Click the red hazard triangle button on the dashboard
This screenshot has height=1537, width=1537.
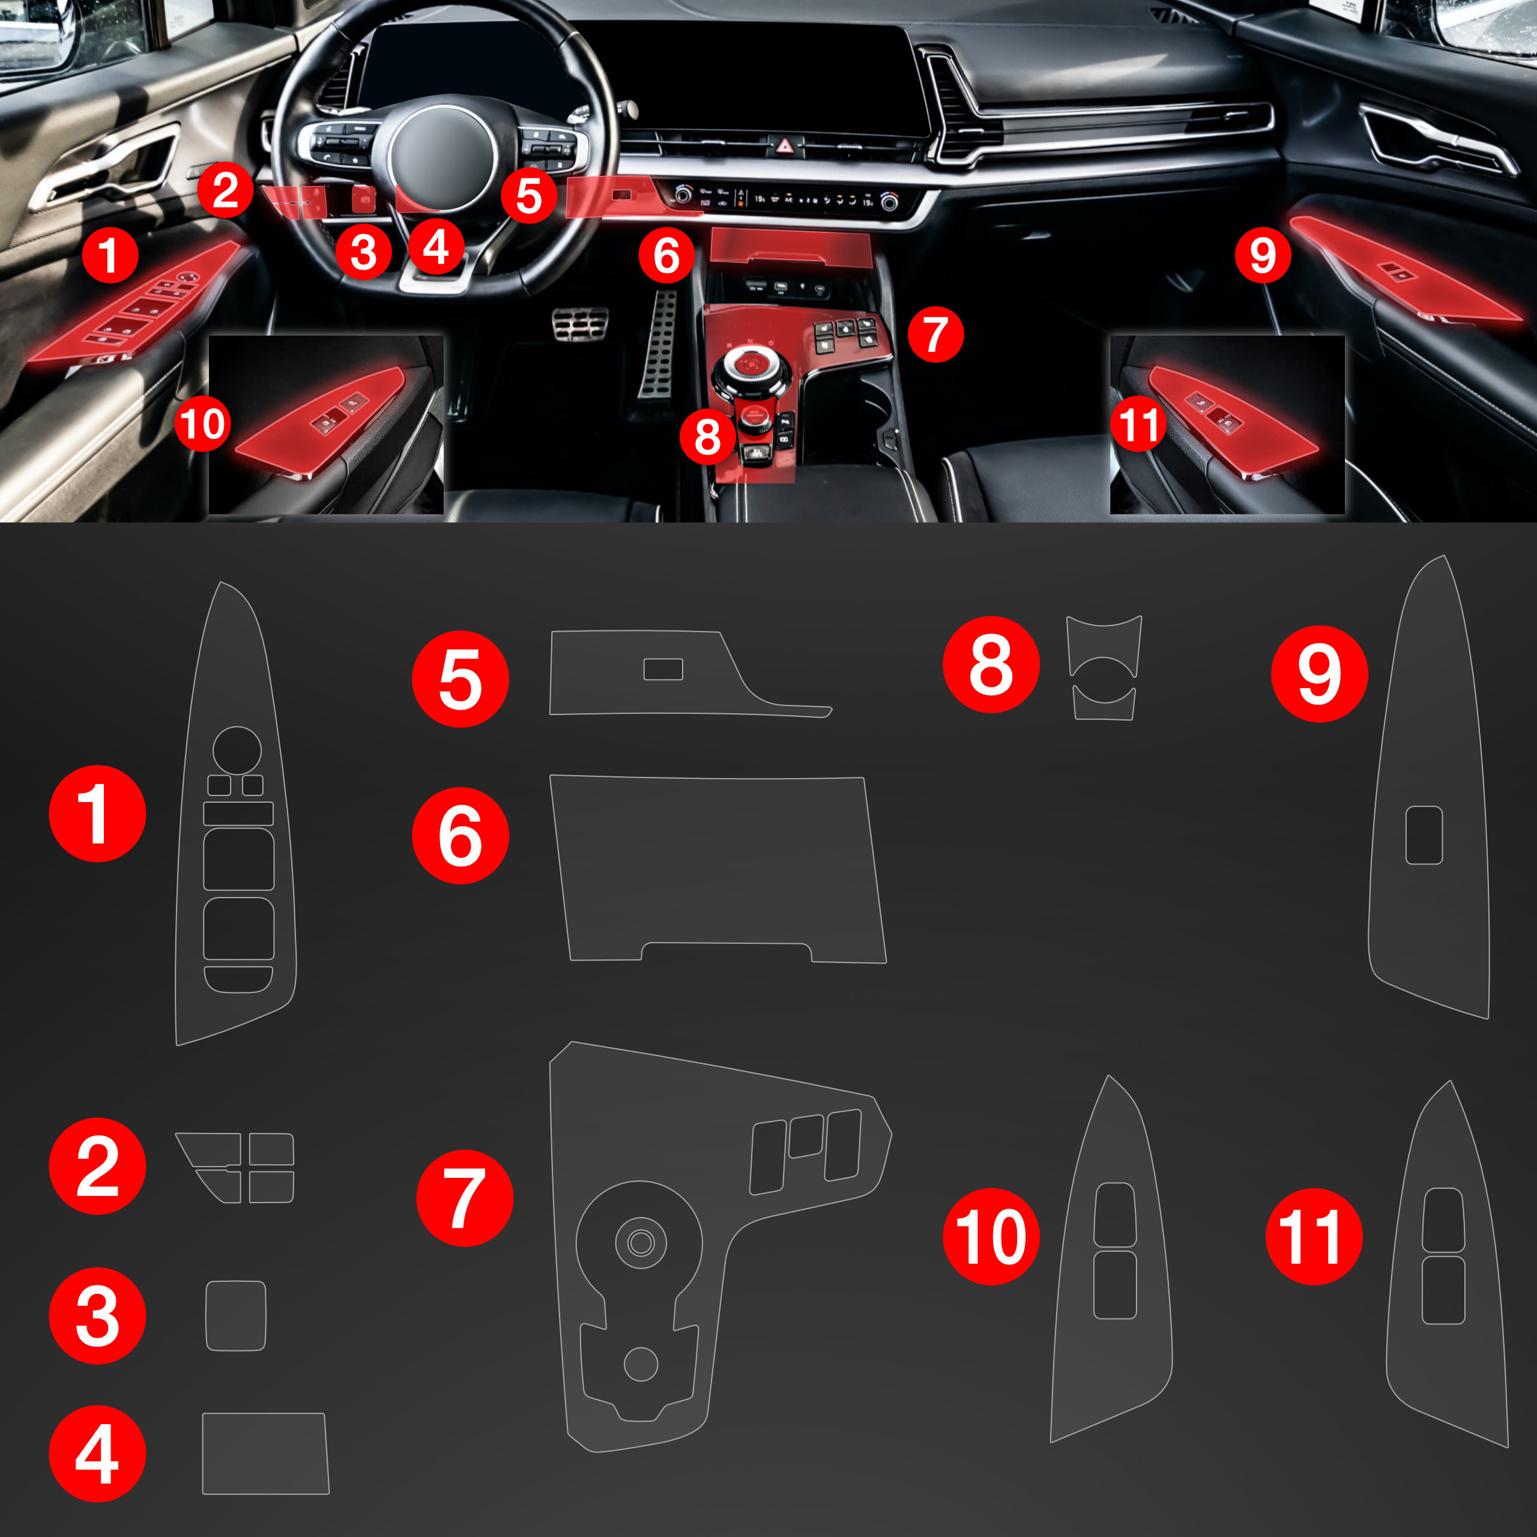click(785, 145)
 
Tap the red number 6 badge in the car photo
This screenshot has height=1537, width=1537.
click(666, 255)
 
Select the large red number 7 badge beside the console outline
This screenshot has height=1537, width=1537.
click(465, 1197)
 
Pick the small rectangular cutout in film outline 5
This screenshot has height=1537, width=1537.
click(663, 669)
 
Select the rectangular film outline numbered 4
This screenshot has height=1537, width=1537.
click(265, 1454)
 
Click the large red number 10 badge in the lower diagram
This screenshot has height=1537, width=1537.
click(991, 1236)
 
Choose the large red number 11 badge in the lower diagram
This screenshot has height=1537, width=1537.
click(1314, 1236)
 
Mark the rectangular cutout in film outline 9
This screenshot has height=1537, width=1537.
click(1424, 835)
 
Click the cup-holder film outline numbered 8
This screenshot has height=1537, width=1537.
click(1104, 668)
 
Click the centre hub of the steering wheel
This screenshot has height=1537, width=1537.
click(442, 155)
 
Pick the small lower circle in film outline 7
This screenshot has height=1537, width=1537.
click(641, 1363)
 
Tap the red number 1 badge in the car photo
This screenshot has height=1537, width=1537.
click(110, 255)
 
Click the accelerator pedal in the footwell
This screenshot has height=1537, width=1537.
click(658, 343)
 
